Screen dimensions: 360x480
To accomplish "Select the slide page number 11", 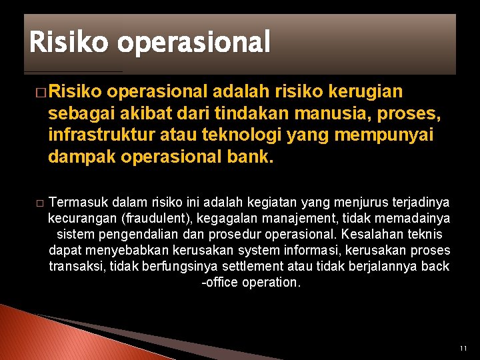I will pyautogui.click(x=463, y=349).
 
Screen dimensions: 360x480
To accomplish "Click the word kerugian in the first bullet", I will pyautogui.click(x=363, y=90).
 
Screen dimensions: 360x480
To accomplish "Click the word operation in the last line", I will pyautogui.click(x=273, y=282).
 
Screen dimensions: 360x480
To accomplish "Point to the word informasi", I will pyautogui.click(x=299, y=250).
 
